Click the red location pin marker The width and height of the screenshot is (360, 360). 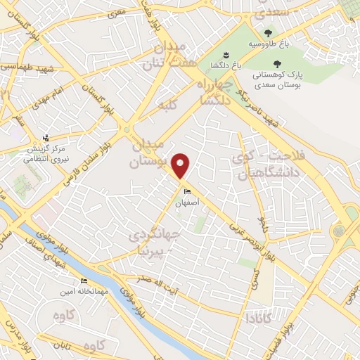point(182,166)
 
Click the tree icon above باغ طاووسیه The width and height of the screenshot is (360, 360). point(268,32)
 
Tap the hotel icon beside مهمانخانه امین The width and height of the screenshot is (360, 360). point(84,282)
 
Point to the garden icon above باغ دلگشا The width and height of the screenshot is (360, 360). point(225,55)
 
